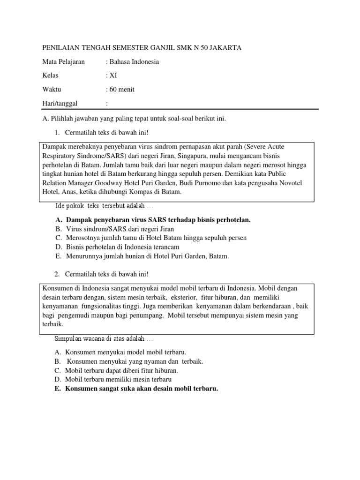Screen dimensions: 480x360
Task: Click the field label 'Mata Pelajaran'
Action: click(64, 62)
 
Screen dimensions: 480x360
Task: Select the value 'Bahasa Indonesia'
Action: click(134, 62)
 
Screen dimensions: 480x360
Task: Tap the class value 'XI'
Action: click(113, 75)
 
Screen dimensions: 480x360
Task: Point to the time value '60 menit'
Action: click(121, 90)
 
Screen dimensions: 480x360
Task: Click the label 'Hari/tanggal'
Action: click(60, 103)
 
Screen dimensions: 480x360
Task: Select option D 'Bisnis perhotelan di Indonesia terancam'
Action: click(123, 247)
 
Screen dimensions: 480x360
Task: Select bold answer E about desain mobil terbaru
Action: click(142, 389)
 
